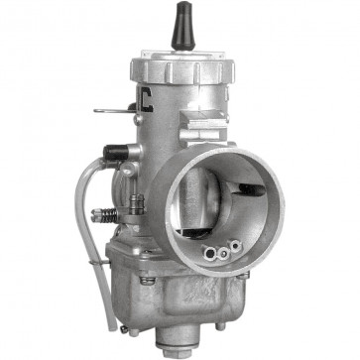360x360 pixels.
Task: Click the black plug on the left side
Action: [113, 154]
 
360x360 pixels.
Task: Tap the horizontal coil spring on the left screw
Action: [101, 214]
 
